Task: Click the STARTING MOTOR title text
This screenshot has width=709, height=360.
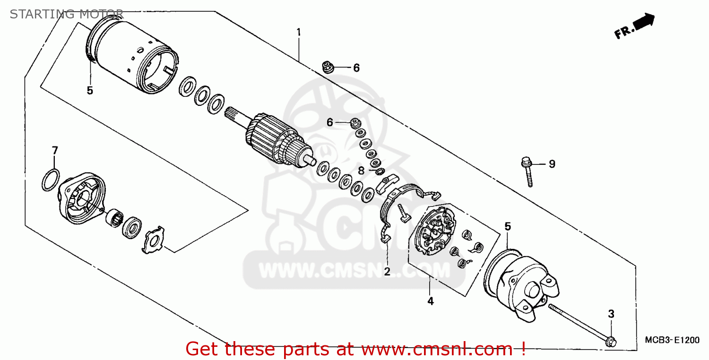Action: pos(67,14)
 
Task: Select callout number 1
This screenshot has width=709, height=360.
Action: pos(298,32)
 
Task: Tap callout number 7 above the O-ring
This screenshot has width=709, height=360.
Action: pos(55,151)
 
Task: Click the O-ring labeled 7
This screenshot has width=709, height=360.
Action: pos(51,180)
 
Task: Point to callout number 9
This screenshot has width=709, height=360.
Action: pos(552,164)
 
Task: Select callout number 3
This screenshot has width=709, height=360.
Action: pos(611,314)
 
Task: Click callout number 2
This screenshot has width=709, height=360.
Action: pos(387,271)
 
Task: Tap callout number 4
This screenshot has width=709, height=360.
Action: pos(431,301)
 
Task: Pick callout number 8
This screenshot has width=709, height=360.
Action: pos(361,171)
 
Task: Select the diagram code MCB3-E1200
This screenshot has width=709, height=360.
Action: pos(672,340)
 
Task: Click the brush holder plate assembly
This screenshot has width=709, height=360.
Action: pos(434,230)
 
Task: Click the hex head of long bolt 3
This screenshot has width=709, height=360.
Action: pos(611,342)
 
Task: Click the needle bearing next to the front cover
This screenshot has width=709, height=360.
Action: pos(114,218)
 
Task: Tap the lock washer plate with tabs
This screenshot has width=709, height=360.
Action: pos(154,240)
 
